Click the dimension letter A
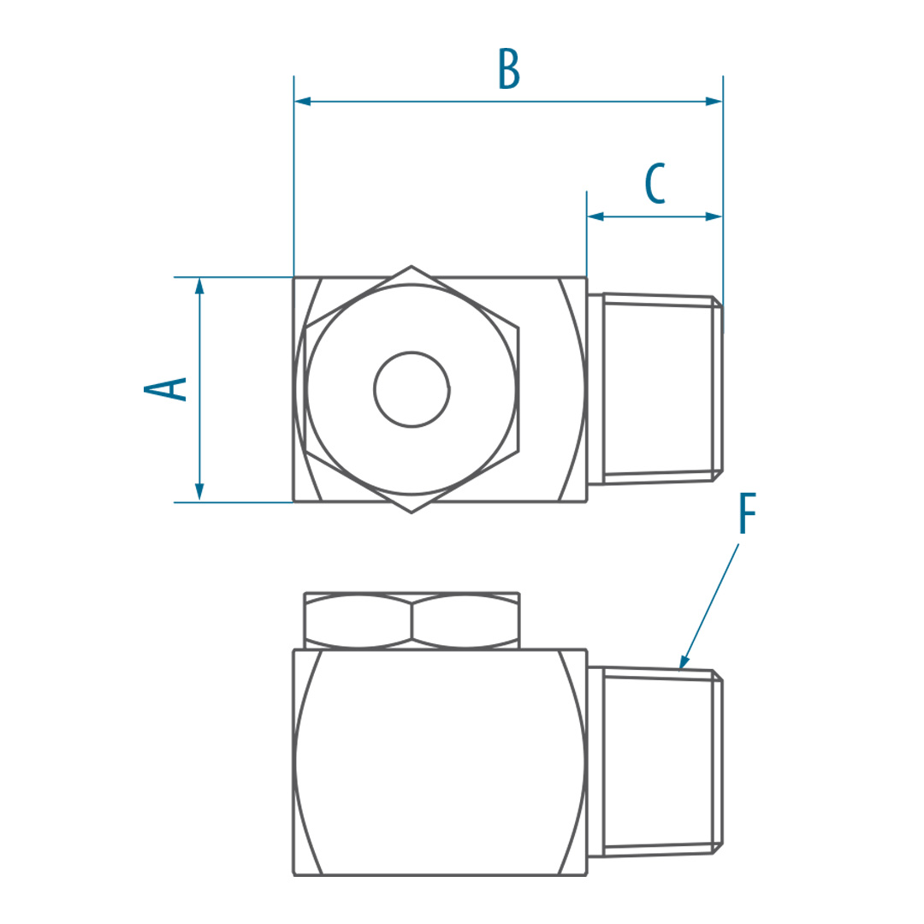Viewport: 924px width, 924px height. click(x=166, y=389)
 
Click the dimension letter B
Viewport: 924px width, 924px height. click(x=509, y=69)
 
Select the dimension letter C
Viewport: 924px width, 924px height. click(x=655, y=184)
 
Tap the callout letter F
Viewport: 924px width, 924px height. click(x=747, y=514)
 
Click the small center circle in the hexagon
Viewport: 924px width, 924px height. click(x=412, y=389)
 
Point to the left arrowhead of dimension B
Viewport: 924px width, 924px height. click(x=302, y=101)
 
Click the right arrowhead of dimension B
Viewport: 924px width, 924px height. click(x=714, y=101)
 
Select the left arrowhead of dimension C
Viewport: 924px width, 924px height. click(x=595, y=216)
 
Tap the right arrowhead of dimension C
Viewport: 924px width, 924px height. click(x=714, y=216)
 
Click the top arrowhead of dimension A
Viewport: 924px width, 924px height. click(x=199, y=286)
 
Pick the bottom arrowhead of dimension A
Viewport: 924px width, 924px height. click(x=199, y=494)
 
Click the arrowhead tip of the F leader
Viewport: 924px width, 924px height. click(x=681, y=668)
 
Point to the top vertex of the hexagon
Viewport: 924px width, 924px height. click(x=412, y=266)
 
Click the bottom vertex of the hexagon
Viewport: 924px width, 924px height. click(x=412, y=512)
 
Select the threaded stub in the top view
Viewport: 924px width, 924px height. click(x=655, y=389)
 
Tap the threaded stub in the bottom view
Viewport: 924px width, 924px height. click(x=655, y=762)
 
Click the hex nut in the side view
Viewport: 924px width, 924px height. click(x=412, y=620)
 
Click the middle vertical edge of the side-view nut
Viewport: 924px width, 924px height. click(x=412, y=621)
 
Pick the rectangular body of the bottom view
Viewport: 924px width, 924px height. click(x=441, y=762)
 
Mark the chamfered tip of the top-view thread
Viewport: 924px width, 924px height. click(x=718, y=389)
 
